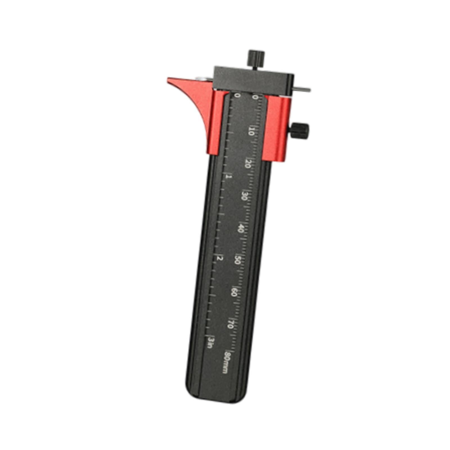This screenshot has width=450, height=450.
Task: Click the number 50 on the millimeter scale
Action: point(237,260)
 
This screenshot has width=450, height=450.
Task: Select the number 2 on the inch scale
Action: point(220,258)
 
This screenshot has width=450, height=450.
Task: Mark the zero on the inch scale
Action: point(238,96)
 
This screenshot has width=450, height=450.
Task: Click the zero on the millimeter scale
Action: point(255,97)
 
